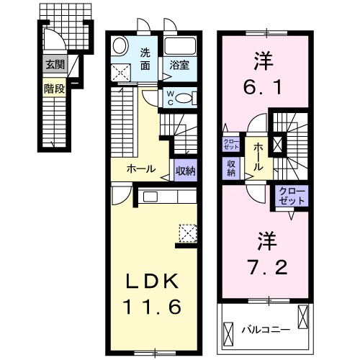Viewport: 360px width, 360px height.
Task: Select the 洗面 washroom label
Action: [145, 58]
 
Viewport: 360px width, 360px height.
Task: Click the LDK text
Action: [154, 281]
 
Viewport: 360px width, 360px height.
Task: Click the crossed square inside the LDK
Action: [188, 232]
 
